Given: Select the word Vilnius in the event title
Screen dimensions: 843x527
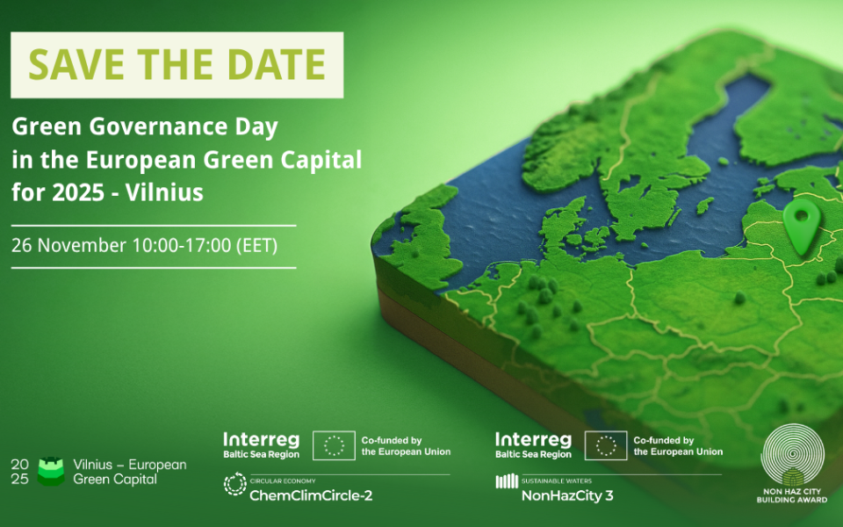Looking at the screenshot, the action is click(164, 192).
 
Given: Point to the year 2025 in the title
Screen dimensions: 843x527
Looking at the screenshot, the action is click(78, 192).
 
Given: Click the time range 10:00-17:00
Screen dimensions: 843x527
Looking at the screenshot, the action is click(182, 245).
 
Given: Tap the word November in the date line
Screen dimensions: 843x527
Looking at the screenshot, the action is click(83, 245).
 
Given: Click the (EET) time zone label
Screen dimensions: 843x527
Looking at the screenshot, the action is click(257, 246).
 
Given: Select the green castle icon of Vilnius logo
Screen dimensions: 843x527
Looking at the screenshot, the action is click(51, 472).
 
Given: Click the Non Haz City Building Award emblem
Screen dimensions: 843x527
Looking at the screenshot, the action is click(792, 464).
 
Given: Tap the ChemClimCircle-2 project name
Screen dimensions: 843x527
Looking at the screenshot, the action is click(311, 495).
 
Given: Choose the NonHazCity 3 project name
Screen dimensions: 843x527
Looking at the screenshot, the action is click(567, 495).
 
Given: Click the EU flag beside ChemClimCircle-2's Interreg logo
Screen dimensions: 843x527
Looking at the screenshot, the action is click(334, 445).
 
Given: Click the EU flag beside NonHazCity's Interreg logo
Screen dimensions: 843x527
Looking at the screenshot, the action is click(606, 445).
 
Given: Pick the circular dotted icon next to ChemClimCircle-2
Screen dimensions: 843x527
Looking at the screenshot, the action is click(235, 483).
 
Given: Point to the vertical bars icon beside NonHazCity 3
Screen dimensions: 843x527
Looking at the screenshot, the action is click(507, 481).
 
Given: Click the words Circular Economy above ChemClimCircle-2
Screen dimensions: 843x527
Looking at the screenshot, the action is click(283, 480).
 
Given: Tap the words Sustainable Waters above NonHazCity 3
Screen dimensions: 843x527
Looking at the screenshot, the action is click(557, 480).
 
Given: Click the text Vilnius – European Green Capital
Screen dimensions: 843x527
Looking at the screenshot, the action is click(130, 472).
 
